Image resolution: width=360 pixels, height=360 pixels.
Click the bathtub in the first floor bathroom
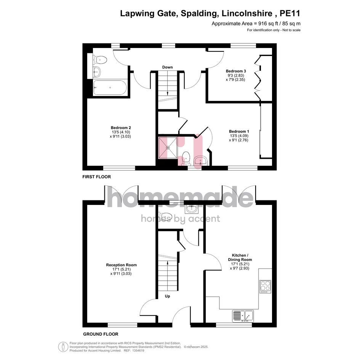[110, 88]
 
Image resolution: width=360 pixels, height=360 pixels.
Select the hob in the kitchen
[265, 286]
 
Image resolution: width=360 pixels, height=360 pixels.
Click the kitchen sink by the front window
[243, 316]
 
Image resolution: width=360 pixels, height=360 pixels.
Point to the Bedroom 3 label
[236, 71]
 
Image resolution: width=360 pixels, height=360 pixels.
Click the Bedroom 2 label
[121, 128]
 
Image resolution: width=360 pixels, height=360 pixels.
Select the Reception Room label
[121, 265]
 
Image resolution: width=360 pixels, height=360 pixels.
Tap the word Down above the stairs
[167, 67]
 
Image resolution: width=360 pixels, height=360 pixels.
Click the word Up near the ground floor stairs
[167, 296]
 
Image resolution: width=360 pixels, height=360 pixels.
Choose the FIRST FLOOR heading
[97, 177]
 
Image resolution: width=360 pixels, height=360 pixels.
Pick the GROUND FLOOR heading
[101, 334]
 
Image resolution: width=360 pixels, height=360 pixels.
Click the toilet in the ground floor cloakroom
[165, 216]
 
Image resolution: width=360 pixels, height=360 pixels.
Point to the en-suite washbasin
[200, 160]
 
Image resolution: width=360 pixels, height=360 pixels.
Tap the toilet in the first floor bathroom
[100, 60]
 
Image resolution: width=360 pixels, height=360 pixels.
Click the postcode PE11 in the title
[290, 13]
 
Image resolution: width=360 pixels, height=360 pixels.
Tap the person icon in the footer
[63, 347]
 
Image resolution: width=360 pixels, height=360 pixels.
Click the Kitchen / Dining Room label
[240, 258]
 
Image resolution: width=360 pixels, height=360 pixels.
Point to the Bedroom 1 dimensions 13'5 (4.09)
[239, 136]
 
